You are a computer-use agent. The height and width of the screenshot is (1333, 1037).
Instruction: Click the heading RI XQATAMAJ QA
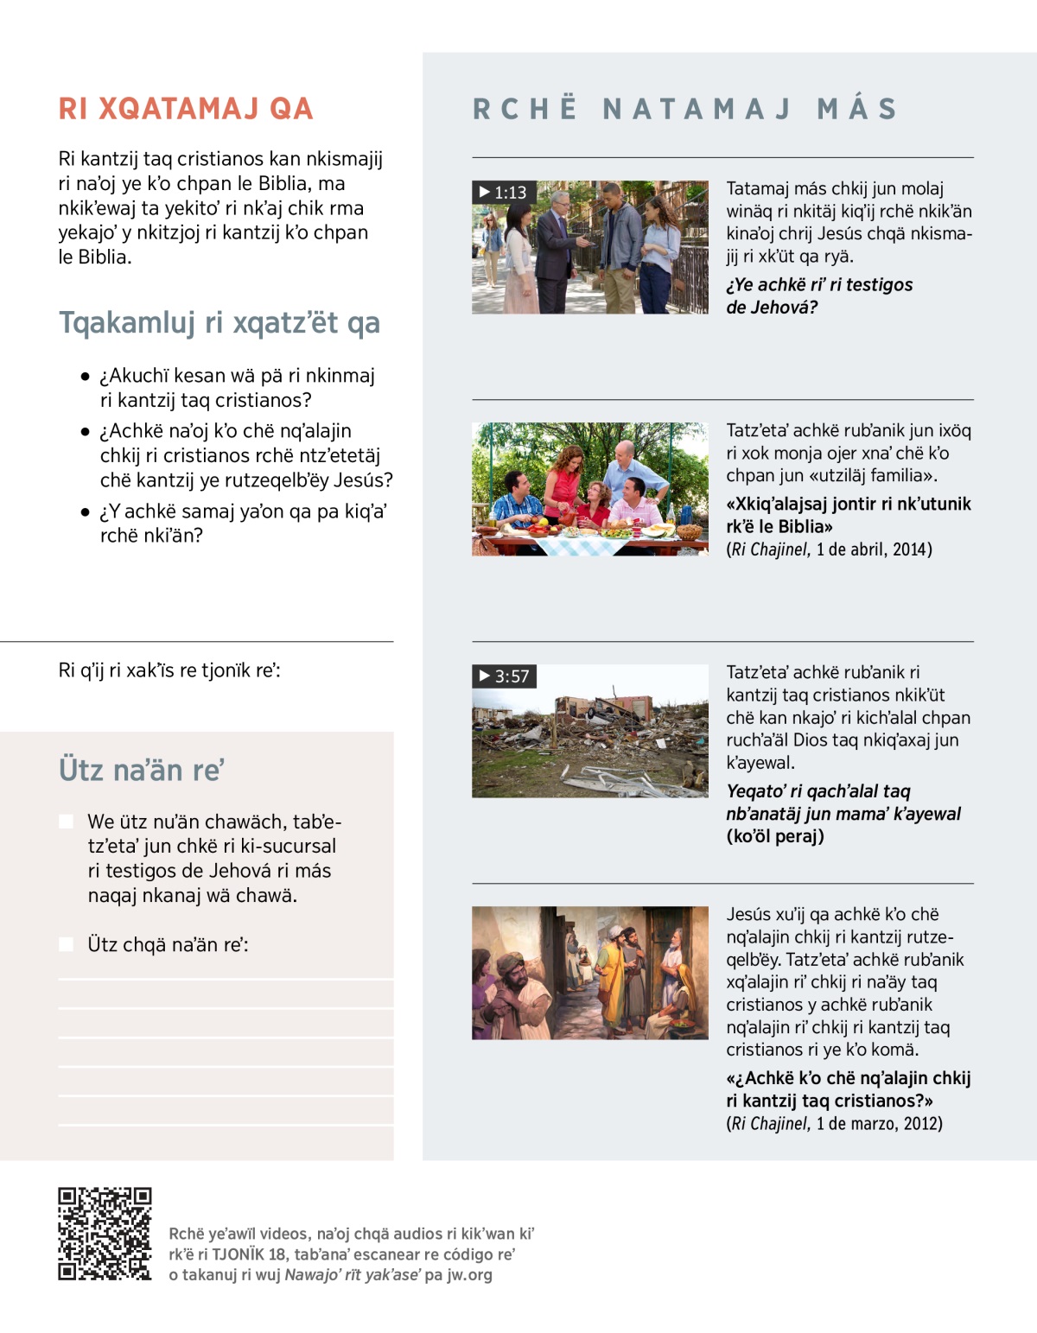point(186,109)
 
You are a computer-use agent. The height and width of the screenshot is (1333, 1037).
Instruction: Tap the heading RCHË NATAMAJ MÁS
point(685,109)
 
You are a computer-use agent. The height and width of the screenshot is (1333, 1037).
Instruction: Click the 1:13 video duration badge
point(503,192)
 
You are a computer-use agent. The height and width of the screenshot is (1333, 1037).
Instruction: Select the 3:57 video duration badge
point(504,676)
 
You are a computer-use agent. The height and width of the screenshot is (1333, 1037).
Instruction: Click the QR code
point(105,1234)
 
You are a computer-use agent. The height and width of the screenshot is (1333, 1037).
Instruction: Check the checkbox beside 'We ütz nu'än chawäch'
point(66,822)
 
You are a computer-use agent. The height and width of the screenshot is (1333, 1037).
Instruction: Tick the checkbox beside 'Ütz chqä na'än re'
point(66,944)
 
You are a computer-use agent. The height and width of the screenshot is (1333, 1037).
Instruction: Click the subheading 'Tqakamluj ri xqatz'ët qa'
point(219,322)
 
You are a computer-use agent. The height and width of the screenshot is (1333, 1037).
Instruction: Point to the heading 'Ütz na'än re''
point(142,770)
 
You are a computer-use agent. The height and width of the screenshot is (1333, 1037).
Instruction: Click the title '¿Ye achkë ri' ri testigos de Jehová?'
point(818,295)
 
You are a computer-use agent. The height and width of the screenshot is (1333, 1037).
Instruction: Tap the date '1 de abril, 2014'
point(874,549)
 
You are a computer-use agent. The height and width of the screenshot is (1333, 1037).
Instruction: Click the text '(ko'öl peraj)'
point(775,836)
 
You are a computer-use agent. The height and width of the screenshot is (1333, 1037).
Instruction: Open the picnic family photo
point(589,489)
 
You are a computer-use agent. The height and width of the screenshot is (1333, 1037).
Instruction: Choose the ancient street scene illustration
point(589,973)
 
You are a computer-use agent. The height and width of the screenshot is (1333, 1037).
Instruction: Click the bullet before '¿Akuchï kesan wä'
point(85,377)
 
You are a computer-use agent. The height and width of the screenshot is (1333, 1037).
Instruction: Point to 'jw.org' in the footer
point(469,1275)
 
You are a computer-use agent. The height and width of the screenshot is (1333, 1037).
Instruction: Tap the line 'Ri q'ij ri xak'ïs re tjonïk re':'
point(169,670)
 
